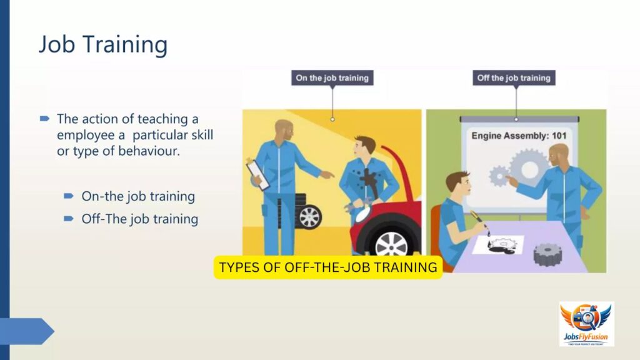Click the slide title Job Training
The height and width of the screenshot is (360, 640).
pos(103,44)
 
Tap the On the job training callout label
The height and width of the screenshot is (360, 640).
pos(332,78)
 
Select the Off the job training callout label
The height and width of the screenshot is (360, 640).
pos(514,78)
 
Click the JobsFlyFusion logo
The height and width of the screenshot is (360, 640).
pos(586,324)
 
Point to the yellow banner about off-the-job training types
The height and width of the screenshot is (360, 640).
pos(328,267)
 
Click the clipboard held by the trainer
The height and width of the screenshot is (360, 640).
pos(258,174)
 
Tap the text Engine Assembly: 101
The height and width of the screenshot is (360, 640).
pos(519,136)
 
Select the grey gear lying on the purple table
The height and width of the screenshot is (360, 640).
pos(547,254)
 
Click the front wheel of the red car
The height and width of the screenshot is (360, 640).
pos(391,244)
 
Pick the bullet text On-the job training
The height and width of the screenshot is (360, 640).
pos(138,196)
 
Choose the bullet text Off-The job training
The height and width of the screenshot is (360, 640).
pos(139,219)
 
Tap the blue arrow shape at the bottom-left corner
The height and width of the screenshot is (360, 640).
pos(27,331)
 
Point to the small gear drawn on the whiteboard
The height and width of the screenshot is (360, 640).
pos(499,176)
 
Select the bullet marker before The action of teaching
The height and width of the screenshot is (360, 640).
pos(44,119)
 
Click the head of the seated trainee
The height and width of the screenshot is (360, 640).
pos(458,184)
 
